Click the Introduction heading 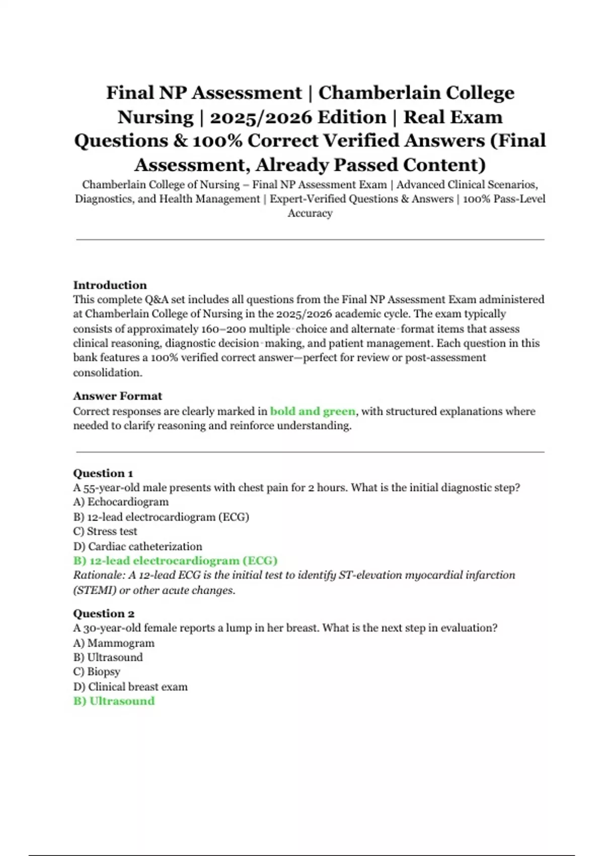110,285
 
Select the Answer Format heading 117,396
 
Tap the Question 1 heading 103,473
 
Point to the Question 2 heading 104,613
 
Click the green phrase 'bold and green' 313,411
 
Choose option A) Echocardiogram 121,502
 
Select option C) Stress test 105,531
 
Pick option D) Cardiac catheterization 137,546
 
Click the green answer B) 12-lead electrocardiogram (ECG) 175,560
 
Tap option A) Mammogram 114,643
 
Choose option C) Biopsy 97,672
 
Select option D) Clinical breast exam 130,687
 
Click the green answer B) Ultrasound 114,701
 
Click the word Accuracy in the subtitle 310,213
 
